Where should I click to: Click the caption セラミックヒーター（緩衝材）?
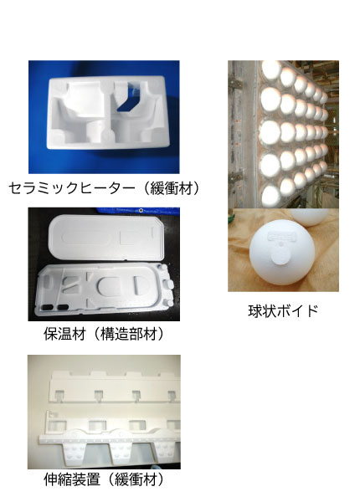(104, 188)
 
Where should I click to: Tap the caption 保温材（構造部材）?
(104, 334)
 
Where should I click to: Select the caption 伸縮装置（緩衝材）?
(104, 479)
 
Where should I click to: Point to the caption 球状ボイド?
(283, 310)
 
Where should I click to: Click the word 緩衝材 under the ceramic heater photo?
(172, 188)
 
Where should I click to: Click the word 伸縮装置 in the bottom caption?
(72, 479)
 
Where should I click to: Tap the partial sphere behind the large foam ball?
(310, 217)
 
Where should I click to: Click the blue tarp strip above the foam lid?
(138, 211)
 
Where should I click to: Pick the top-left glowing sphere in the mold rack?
(271, 70)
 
